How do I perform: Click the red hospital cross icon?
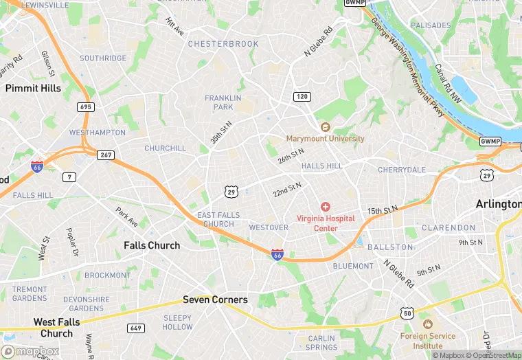pyautogui.click(x=326, y=207)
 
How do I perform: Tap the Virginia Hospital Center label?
pyautogui.click(x=326, y=223)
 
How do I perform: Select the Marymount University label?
pyautogui.click(x=325, y=138)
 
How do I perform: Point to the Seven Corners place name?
pyautogui.click(x=215, y=300)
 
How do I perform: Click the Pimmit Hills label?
pyautogui.click(x=33, y=88)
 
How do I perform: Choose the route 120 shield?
pyautogui.click(x=302, y=97)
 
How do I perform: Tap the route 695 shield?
pyautogui.click(x=86, y=107)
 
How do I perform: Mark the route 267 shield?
pyautogui.click(x=105, y=155)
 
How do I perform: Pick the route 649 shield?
pyautogui.click(x=135, y=328)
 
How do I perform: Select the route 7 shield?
pyautogui.click(x=70, y=177)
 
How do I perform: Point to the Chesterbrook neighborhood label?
pyautogui.click(x=223, y=44)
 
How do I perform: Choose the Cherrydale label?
pyautogui.click(x=402, y=170)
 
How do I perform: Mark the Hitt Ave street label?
pyautogui.click(x=175, y=27)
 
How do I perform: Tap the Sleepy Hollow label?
pyautogui.click(x=178, y=322)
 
